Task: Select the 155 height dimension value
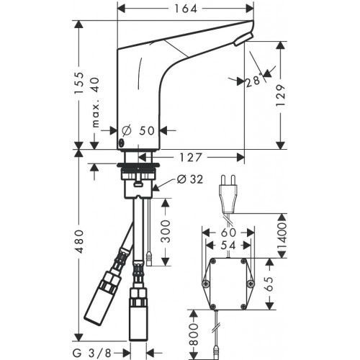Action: click(81, 84)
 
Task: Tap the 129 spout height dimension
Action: click(282, 94)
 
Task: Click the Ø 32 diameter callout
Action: click(186, 180)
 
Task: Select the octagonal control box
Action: click(228, 282)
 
